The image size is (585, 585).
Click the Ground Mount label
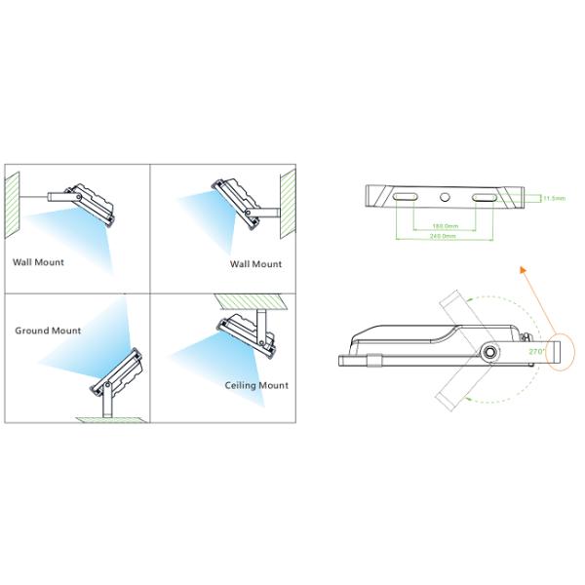tap(48, 331)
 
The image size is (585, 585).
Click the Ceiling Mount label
tap(256, 385)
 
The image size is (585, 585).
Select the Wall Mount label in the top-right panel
tap(255, 264)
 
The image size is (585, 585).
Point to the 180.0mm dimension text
tap(445, 227)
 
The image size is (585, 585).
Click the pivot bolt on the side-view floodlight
tap(487, 350)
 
